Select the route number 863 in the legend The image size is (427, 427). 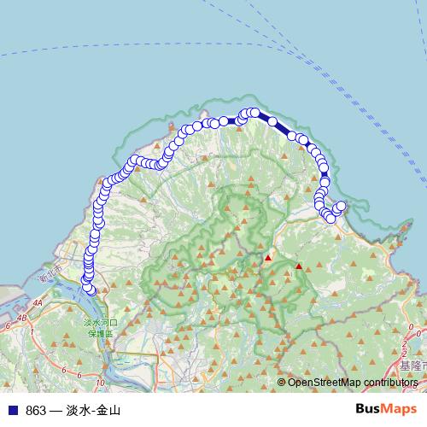coord(36,411)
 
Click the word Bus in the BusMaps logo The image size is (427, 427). coord(369,410)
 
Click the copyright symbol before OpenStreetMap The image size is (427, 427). coord(281,383)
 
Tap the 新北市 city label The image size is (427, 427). coord(51,278)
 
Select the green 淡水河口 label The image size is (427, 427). coord(101,323)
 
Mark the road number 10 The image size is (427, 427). coord(100,381)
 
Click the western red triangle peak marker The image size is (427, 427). coord(268,257)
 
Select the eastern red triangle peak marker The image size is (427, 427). coord(299,267)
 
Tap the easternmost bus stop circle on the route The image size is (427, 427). coord(342,206)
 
